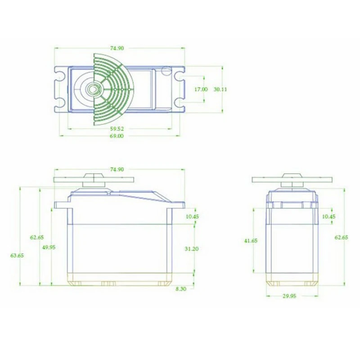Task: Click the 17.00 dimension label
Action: (201, 89)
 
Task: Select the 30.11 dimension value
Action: (220, 89)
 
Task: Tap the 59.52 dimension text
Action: (117, 129)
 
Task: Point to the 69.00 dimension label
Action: (117, 136)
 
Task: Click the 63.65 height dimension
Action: (17, 255)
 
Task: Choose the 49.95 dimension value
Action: (49, 247)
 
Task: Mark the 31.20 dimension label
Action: (192, 249)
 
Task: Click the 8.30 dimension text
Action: (181, 289)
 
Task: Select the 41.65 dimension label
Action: (251, 241)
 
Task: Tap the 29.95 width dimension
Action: (289, 296)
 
